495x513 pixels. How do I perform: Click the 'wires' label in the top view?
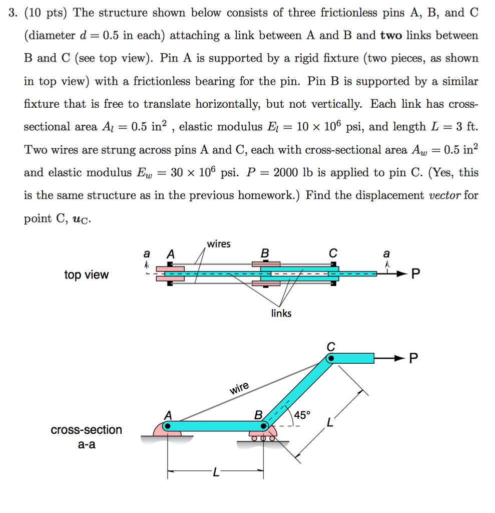point(219,244)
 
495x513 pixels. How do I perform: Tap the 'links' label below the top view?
point(281,313)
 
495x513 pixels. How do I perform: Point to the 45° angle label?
point(302,415)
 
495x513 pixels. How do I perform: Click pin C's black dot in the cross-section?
point(331,358)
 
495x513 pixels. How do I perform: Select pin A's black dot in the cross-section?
point(168,426)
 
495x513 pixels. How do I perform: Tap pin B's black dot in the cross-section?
point(264,426)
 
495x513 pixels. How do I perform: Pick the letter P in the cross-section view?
point(413,358)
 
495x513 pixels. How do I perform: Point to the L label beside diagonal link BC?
point(329,424)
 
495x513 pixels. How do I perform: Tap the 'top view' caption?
point(86,275)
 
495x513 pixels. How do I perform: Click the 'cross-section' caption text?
point(86,430)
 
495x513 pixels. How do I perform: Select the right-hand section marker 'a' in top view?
point(386,254)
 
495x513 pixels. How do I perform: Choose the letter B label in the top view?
point(265,254)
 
